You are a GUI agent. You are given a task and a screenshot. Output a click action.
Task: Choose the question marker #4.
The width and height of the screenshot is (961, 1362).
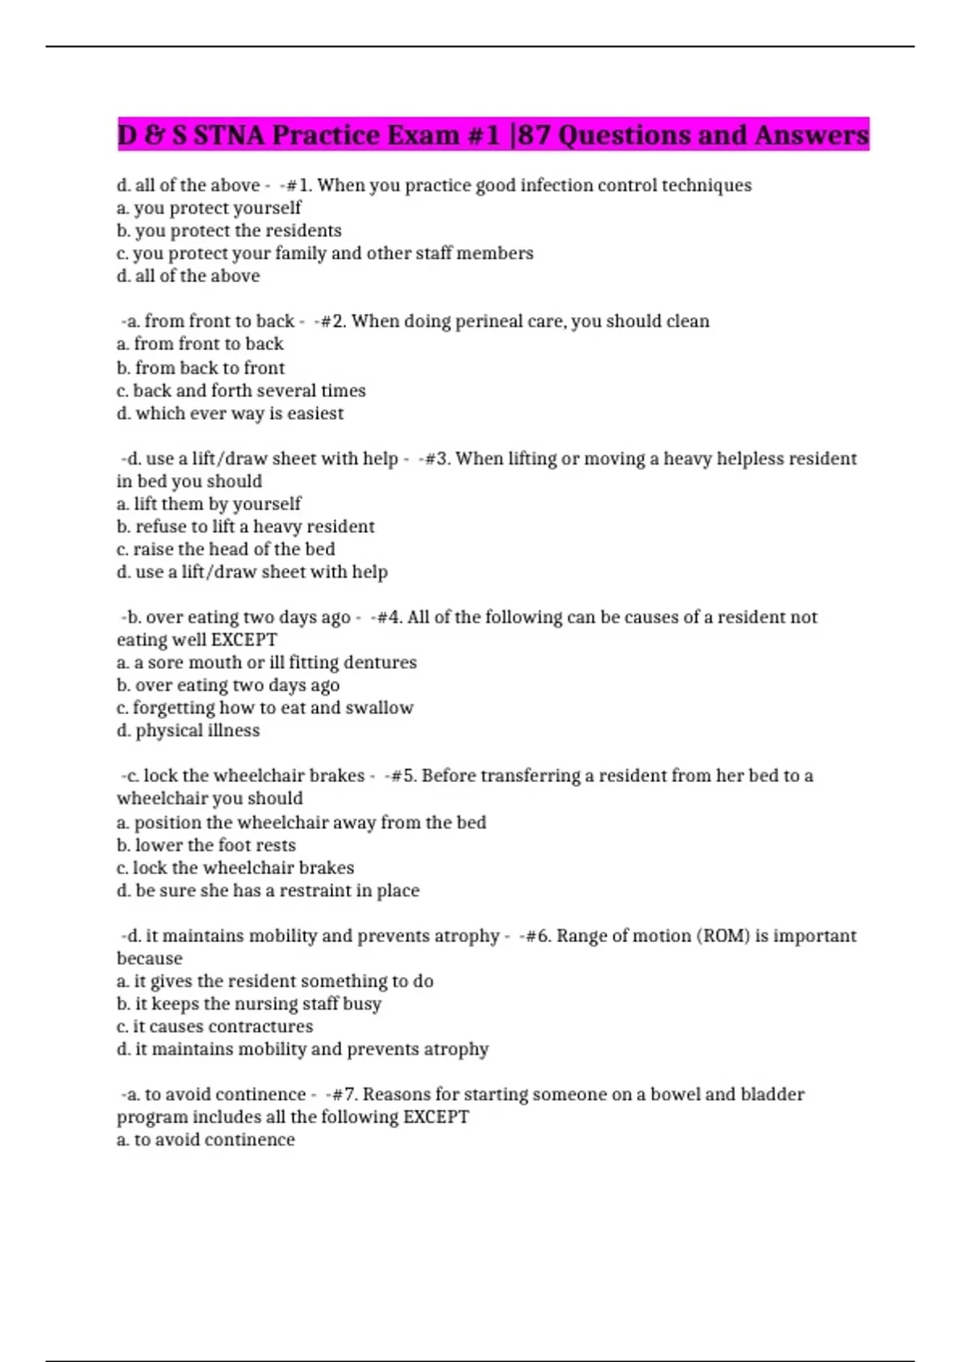pos(389,617)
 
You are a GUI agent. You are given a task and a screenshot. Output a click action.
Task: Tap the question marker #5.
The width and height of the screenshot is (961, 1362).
pos(403,776)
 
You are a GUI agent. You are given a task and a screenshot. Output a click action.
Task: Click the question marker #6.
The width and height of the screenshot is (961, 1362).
pos(538,936)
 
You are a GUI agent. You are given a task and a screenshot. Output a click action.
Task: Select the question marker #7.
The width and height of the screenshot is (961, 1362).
pos(344,1094)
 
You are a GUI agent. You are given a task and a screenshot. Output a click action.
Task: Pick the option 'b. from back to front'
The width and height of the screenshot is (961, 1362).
pos(200,368)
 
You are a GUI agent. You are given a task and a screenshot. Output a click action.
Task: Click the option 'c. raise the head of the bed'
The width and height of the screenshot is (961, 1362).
pos(226,549)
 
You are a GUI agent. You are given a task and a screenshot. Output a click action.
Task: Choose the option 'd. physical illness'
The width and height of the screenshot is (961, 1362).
pos(188,731)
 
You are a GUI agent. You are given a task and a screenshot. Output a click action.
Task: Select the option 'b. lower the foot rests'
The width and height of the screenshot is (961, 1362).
pos(206,845)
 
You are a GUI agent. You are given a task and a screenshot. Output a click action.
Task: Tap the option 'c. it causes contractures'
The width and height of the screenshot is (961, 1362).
pos(215,1026)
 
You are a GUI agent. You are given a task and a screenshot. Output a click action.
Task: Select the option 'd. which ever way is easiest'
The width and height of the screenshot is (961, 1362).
pos(230,413)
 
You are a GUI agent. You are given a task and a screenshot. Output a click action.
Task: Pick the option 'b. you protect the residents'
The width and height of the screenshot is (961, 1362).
pos(229,231)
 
